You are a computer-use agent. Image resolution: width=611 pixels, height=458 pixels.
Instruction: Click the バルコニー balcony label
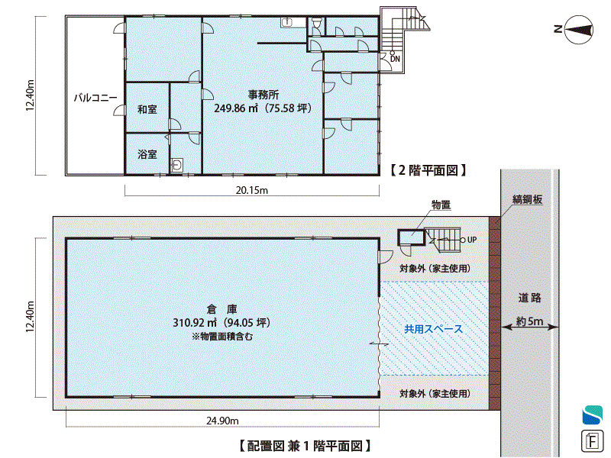point(95,98)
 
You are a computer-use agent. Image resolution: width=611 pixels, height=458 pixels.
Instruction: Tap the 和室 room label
point(147,109)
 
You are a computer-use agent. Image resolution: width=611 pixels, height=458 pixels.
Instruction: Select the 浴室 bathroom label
point(147,154)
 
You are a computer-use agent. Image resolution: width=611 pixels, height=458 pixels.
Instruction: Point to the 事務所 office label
point(263,95)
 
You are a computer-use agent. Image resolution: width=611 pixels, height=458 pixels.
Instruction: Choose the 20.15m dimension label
point(252,190)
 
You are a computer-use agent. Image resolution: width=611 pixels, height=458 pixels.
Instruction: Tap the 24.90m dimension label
point(222,421)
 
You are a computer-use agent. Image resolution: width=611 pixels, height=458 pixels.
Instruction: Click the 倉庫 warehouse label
point(221,309)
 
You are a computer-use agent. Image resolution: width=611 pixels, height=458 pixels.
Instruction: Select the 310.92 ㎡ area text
point(195,322)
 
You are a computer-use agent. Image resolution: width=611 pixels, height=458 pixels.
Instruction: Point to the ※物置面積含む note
point(222,336)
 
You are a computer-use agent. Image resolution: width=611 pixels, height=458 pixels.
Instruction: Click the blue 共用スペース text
point(433,329)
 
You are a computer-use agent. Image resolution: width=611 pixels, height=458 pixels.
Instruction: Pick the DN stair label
point(395,59)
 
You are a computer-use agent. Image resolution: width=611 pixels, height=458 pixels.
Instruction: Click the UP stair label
point(472,240)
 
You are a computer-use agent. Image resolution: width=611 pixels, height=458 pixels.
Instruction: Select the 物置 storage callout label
point(441,205)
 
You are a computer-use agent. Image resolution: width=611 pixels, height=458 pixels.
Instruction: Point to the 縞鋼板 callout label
point(527,199)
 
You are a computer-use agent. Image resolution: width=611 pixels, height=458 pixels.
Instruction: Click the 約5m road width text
point(529,321)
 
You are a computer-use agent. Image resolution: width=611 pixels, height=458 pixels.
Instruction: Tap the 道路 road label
point(529,298)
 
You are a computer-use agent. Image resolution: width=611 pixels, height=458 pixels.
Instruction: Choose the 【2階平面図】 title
point(428,170)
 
